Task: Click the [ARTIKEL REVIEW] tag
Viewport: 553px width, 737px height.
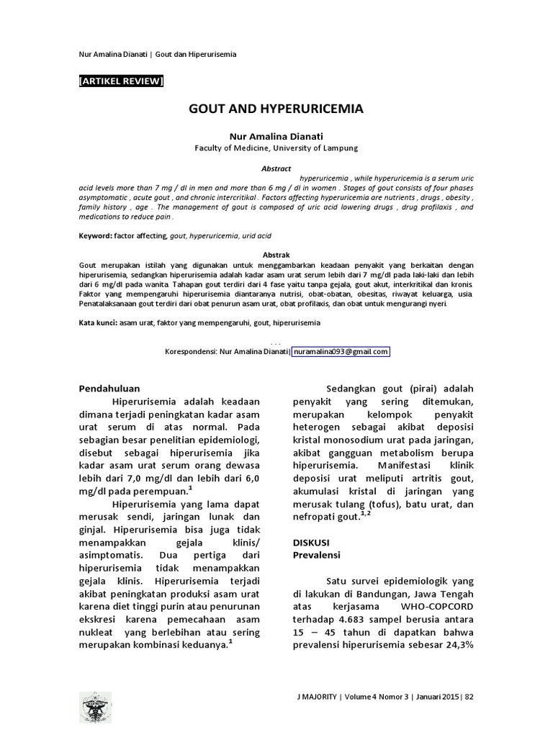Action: (x=121, y=81)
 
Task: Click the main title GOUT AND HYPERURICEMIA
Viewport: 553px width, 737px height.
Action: (x=276, y=109)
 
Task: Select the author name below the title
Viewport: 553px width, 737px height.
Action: (x=276, y=136)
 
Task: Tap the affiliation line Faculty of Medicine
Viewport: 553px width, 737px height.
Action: (x=276, y=148)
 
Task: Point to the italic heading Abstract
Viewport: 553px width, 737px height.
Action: (x=276, y=167)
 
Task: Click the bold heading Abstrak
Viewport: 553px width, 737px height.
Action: (x=276, y=255)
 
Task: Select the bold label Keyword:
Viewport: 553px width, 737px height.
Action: (x=95, y=236)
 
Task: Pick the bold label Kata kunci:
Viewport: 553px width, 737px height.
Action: (x=98, y=324)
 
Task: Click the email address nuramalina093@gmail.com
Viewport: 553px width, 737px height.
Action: (x=341, y=352)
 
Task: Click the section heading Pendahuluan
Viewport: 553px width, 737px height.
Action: (x=109, y=389)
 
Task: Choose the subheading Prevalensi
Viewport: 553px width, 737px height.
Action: (x=316, y=556)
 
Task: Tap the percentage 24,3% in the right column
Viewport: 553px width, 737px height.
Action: (x=455, y=645)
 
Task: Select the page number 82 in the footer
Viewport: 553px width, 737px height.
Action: (x=469, y=697)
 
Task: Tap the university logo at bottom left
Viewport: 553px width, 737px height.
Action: (x=95, y=707)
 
